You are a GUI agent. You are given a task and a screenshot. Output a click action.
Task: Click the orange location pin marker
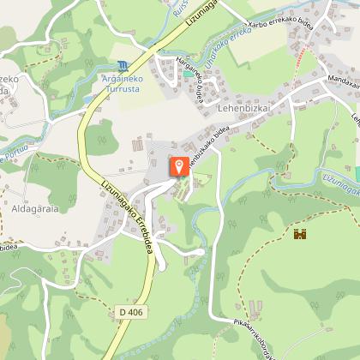(179, 165)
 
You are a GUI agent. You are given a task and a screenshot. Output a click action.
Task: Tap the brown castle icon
(300, 234)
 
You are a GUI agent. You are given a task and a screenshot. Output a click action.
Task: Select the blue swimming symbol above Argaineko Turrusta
(125, 66)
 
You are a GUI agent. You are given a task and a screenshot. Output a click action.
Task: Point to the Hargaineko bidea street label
(190, 78)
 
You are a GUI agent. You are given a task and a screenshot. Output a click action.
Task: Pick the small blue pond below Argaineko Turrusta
(88, 99)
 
